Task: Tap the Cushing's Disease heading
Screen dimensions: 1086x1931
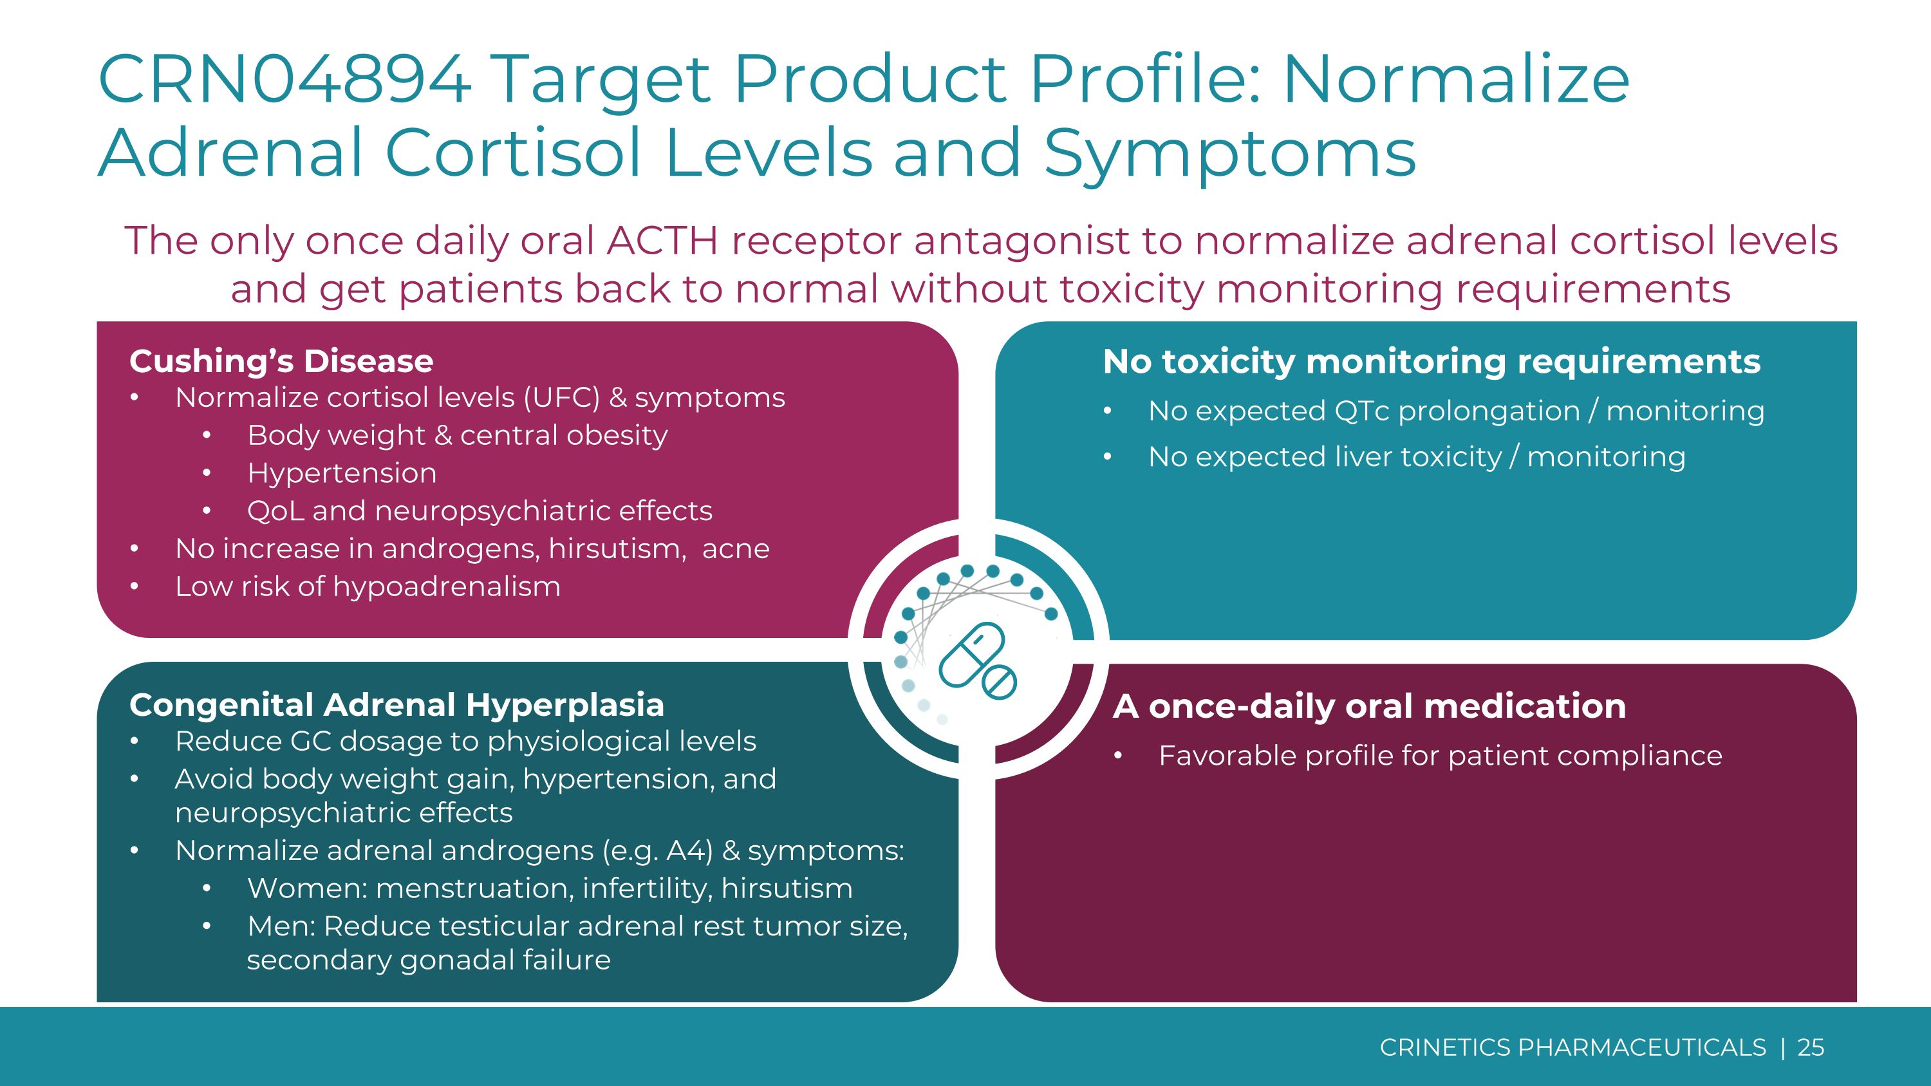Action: [281, 361]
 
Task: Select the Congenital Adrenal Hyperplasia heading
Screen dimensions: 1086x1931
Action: [396, 704]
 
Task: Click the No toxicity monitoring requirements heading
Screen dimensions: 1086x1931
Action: [1431, 361]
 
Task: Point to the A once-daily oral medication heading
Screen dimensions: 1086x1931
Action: [1369, 706]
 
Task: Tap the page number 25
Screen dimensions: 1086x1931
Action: [1810, 1047]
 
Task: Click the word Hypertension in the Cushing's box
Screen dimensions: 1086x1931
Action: [342, 473]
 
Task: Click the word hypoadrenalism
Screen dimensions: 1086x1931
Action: [446, 587]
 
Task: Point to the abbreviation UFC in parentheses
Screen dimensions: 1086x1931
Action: [562, 397]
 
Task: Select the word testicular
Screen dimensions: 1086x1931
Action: [504, 926]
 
